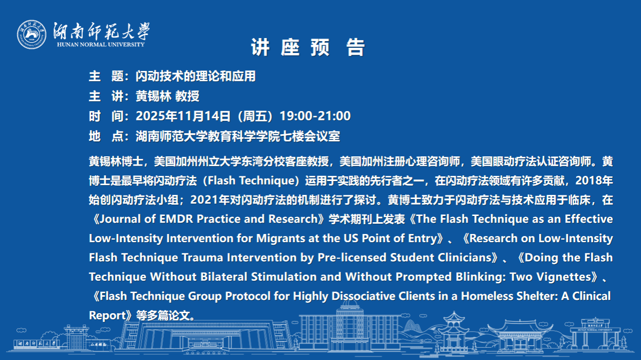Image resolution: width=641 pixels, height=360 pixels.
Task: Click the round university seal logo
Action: point(31,34)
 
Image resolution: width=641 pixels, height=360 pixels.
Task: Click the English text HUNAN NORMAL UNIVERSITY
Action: point(101,44)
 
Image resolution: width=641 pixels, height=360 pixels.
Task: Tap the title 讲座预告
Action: point(308,47)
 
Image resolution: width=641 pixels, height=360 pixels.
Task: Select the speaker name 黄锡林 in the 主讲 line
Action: point(153,96)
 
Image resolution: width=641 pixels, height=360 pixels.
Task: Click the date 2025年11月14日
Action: point(183,116)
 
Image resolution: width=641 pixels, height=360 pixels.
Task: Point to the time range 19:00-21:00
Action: point(315,116)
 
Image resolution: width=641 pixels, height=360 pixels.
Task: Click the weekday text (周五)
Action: point(255,116)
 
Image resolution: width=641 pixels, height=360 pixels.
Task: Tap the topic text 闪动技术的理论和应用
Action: point(195,76)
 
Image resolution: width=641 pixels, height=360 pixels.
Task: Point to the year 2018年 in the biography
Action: point(594,181)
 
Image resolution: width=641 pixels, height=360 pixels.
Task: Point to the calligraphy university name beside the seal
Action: point(101,31)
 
